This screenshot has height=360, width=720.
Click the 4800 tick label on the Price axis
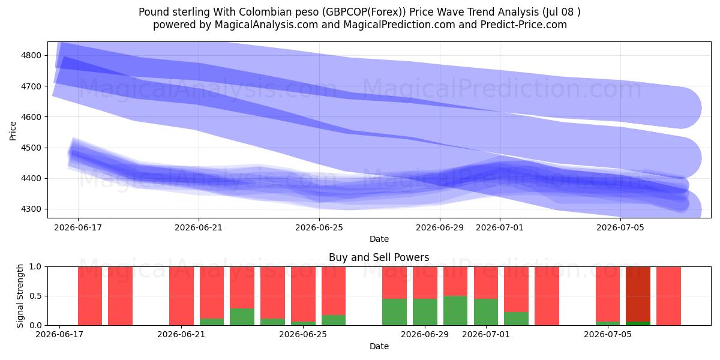point(31,56)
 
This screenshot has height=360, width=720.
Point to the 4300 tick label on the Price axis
point(31,209)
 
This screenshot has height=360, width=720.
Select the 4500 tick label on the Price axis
point(31,148)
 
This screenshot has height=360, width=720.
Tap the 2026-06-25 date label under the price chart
point(319,227)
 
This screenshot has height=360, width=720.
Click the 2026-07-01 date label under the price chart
point(499,227)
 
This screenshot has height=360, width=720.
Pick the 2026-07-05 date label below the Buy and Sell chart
point(608,334)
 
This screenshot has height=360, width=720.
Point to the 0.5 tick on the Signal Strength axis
point(35,296)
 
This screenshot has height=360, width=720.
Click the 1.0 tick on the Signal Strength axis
point(35,267)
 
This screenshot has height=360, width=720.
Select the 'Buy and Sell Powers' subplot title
point(379,257)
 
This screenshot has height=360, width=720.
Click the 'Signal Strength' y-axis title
point(20,296)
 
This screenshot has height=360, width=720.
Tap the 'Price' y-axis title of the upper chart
point(13,131)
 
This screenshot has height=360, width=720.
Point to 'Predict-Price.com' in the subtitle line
point(524,25)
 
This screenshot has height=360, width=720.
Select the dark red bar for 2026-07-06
point(638,294)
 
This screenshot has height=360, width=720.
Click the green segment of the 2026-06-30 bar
point(455,311)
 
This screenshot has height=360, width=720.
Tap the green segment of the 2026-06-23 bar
point(242,317)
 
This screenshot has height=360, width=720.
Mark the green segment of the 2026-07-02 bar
point(516,319)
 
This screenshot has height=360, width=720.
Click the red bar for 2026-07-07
point(668,296)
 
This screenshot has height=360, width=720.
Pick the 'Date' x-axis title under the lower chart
point(379,346)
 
